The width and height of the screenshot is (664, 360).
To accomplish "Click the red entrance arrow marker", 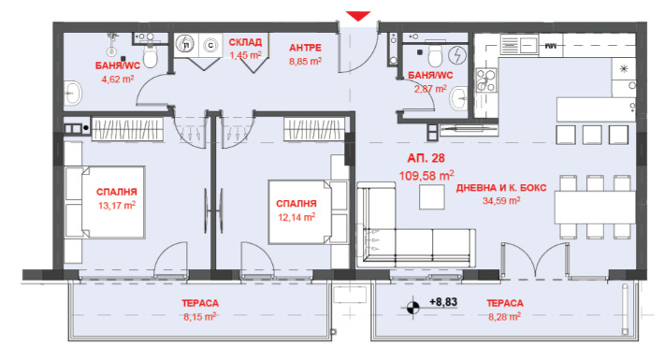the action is coord(358,16).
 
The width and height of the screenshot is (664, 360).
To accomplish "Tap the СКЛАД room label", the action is coord(245,42).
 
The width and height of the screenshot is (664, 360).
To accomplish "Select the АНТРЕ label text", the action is coord(305,48).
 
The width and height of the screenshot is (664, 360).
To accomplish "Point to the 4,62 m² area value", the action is coord(118,79).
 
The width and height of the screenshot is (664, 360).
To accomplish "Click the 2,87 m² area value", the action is coord(430,89).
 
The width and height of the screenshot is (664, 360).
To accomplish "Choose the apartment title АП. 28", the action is coord(426,158).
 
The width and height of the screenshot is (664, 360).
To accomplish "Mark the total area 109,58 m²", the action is coord(426,175).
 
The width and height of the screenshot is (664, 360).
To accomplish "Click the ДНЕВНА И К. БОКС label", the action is coord(501,188).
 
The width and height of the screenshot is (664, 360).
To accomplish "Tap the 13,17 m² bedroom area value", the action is coord(117,206).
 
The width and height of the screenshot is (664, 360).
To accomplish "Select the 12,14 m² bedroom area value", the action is coord(296,218).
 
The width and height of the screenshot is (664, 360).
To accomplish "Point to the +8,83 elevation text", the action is coord(443,302).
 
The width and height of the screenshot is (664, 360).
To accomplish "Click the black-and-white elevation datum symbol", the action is coord(412,308).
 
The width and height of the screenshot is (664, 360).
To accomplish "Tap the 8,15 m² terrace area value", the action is coord(200,317).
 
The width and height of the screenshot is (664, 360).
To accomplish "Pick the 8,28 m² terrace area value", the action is coord(504,317).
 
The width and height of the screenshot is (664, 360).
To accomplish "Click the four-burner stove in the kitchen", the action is coord(485,80).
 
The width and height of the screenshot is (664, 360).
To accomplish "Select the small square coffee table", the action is coord(432,197).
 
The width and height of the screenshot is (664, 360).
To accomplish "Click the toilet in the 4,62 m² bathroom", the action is coord(151,55).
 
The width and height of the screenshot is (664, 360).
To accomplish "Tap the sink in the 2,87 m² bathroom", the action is coord(458,99).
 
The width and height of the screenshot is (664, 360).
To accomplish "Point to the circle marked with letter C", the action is coord(210,45).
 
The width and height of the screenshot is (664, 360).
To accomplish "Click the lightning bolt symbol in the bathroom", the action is coord(457,54).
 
